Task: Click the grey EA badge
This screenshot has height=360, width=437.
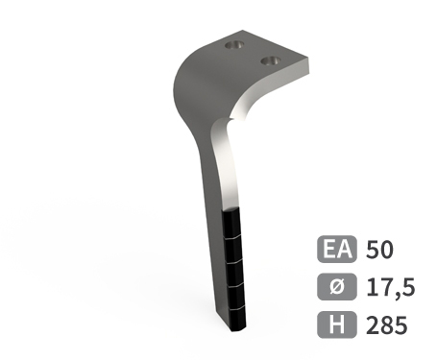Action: click(x=335, y=251)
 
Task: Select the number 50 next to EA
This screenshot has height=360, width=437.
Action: click(x=380, y=251)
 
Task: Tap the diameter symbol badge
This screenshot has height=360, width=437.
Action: click(x=335, y=287)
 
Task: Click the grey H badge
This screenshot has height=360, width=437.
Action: click(x=335, y=324)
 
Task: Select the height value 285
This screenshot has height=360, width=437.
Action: click(x=386, y=324)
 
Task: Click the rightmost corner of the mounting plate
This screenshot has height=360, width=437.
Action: click(x=311, y=64)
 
